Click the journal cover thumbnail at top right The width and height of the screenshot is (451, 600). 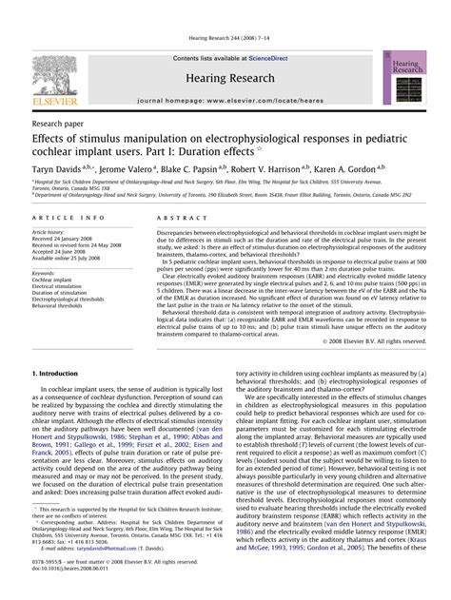[x=399, y=76]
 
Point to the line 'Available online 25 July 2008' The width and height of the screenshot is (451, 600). [x=73, y=258]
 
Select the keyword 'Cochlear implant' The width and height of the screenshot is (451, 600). [x=55, y=281]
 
